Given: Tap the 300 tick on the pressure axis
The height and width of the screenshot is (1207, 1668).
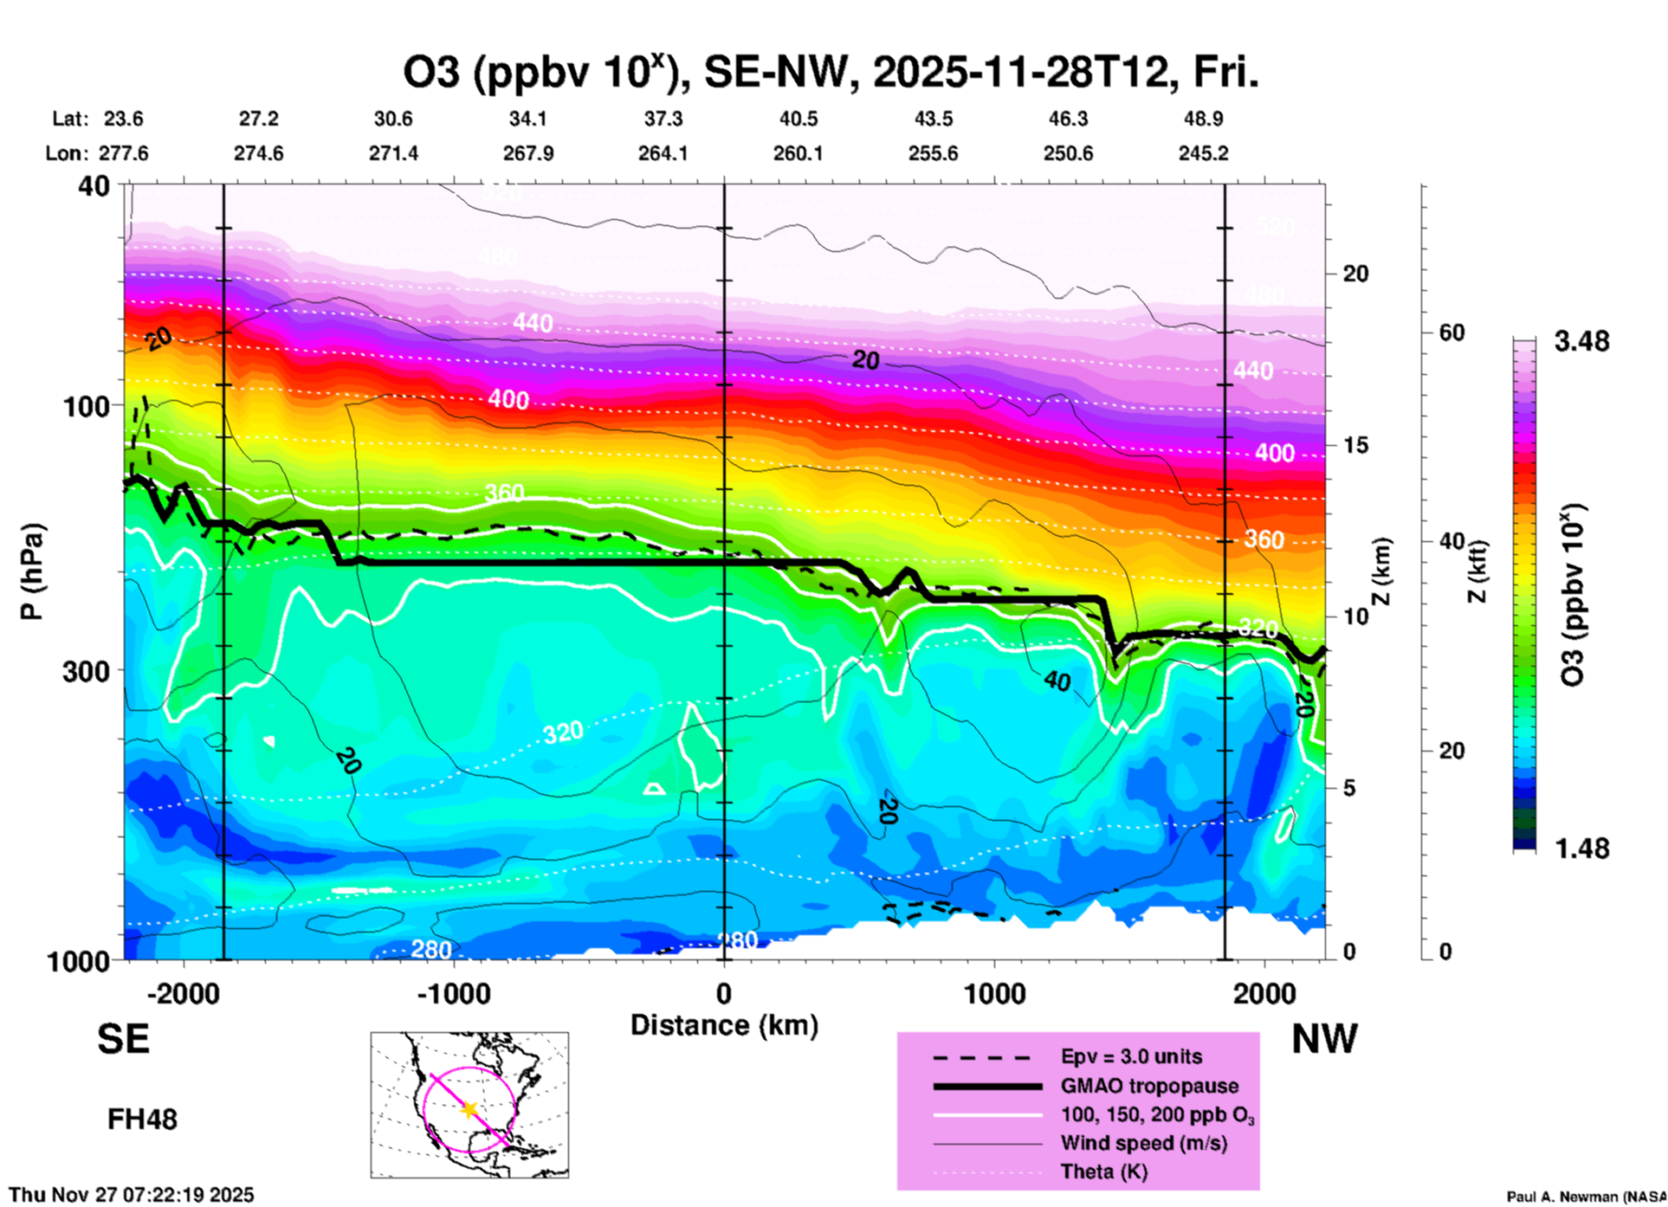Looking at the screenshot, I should pos(86,671).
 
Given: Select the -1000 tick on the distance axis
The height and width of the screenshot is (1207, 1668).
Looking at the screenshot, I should pos(453,993).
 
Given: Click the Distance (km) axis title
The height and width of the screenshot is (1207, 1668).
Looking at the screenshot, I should pos(724,1025).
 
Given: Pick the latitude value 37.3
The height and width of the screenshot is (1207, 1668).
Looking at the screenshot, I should pos(663,119).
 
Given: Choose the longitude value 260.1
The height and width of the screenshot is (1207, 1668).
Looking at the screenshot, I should pos(798,153).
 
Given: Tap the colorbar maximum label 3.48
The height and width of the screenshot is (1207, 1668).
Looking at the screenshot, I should pos(1581,341).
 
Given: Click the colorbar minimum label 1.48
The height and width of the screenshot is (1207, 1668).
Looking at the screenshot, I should pos(1581,848).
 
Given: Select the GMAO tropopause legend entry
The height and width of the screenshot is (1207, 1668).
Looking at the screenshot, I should pos(1149,1086).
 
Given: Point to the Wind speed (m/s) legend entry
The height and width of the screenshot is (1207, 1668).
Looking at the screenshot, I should pos(1143,1143).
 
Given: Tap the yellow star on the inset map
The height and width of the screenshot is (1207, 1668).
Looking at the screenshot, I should pos(469,1109).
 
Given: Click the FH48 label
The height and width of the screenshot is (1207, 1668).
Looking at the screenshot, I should pos(142,1120).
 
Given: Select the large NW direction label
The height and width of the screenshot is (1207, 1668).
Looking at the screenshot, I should pos(1324,1039).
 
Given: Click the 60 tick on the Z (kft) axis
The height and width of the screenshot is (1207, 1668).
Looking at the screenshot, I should pos(1451,332).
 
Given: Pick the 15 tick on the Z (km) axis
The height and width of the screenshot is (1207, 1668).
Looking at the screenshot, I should pos(1355,445).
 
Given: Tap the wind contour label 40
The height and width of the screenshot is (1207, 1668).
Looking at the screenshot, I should pos(1057,681).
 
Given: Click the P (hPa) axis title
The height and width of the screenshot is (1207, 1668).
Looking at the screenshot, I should pos(31,571).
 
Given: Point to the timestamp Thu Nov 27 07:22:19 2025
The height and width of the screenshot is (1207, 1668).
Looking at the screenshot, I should pos(132,1195).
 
